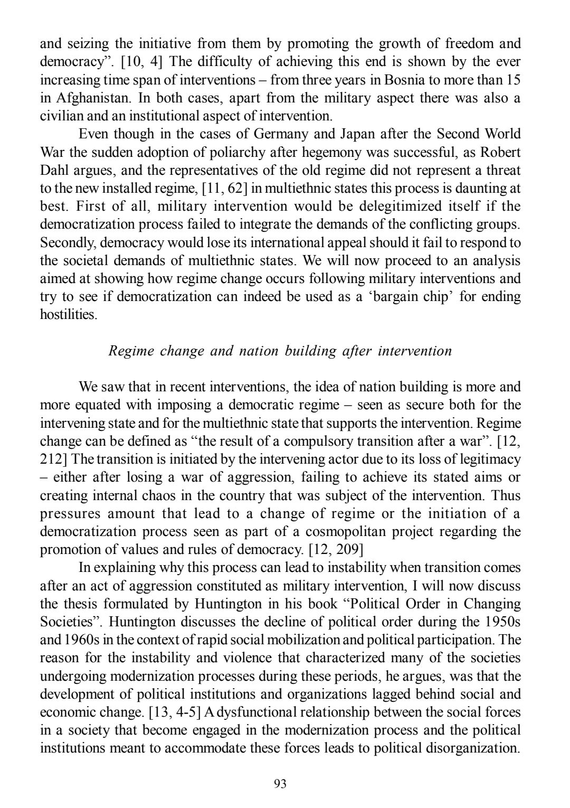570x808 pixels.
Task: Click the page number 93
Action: tap(280, 784)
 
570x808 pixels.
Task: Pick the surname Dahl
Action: tap(54, 171)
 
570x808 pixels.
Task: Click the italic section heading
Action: tap(280, 351)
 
